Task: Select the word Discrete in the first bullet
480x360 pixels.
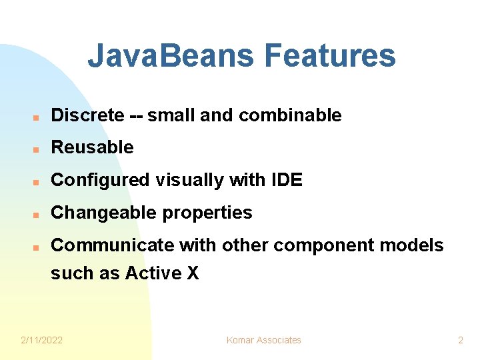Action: pos(87,115)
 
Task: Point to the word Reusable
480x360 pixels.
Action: pos(92,147)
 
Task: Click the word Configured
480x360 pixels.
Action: pos(100,180)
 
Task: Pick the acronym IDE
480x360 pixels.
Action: pos(287,180)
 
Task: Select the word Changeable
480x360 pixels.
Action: pos(99,213)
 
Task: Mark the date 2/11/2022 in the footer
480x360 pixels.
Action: pos(41,340)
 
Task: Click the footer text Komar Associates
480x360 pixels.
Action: pos(264,340)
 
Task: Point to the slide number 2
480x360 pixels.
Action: pos(460,340)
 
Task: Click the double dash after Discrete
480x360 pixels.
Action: pos(135,115)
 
